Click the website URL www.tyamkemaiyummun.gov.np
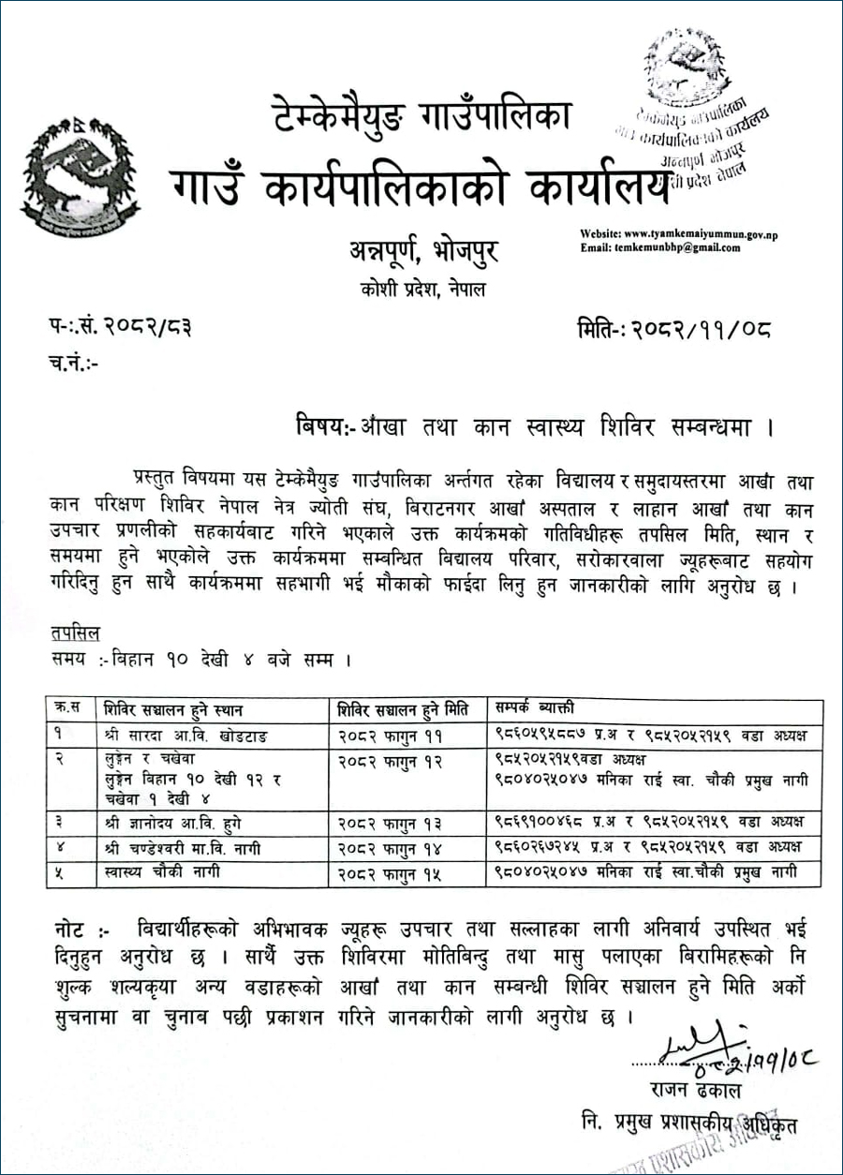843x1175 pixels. coord(691,233)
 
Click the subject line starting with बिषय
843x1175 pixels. coord(533,426)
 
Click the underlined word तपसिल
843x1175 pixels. coord(76,634)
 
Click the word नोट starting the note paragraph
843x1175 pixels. coord(73,930)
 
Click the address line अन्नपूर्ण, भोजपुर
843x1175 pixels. coord(419,251)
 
